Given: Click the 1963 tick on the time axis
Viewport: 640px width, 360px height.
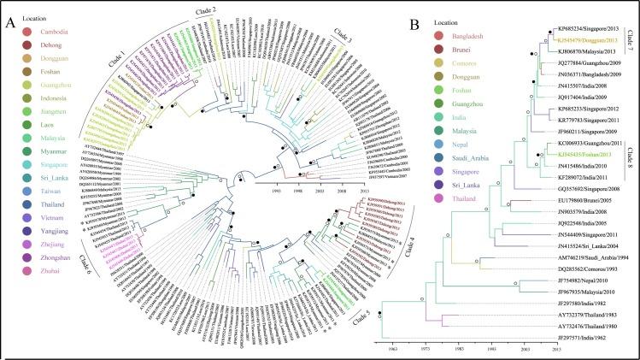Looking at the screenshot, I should click(x=393, y=349).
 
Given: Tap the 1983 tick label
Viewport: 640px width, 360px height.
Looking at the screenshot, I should click(x=459, y=349).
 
